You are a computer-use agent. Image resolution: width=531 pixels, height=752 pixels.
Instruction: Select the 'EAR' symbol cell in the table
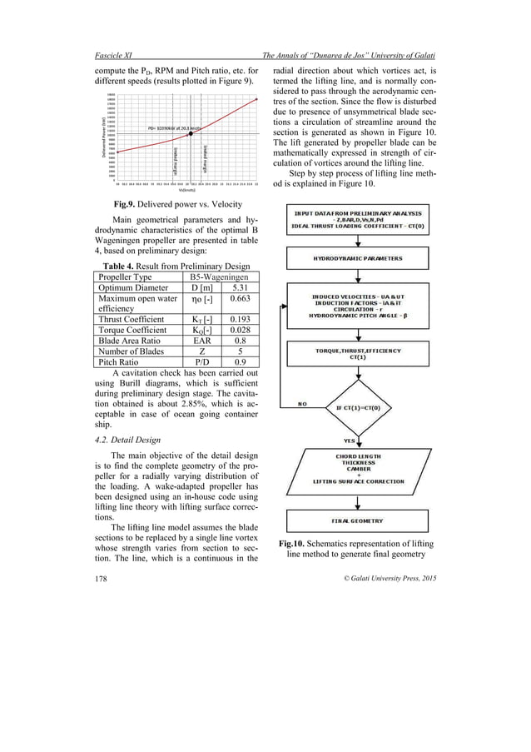[x=191, y=341]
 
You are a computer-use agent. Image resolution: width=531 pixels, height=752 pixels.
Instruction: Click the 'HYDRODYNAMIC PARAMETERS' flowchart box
[x=357, y=259]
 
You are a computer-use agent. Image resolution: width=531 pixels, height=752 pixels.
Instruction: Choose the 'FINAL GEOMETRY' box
[x=357, y=521]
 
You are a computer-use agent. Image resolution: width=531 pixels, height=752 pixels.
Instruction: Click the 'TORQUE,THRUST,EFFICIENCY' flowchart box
[x=357, y=354]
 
